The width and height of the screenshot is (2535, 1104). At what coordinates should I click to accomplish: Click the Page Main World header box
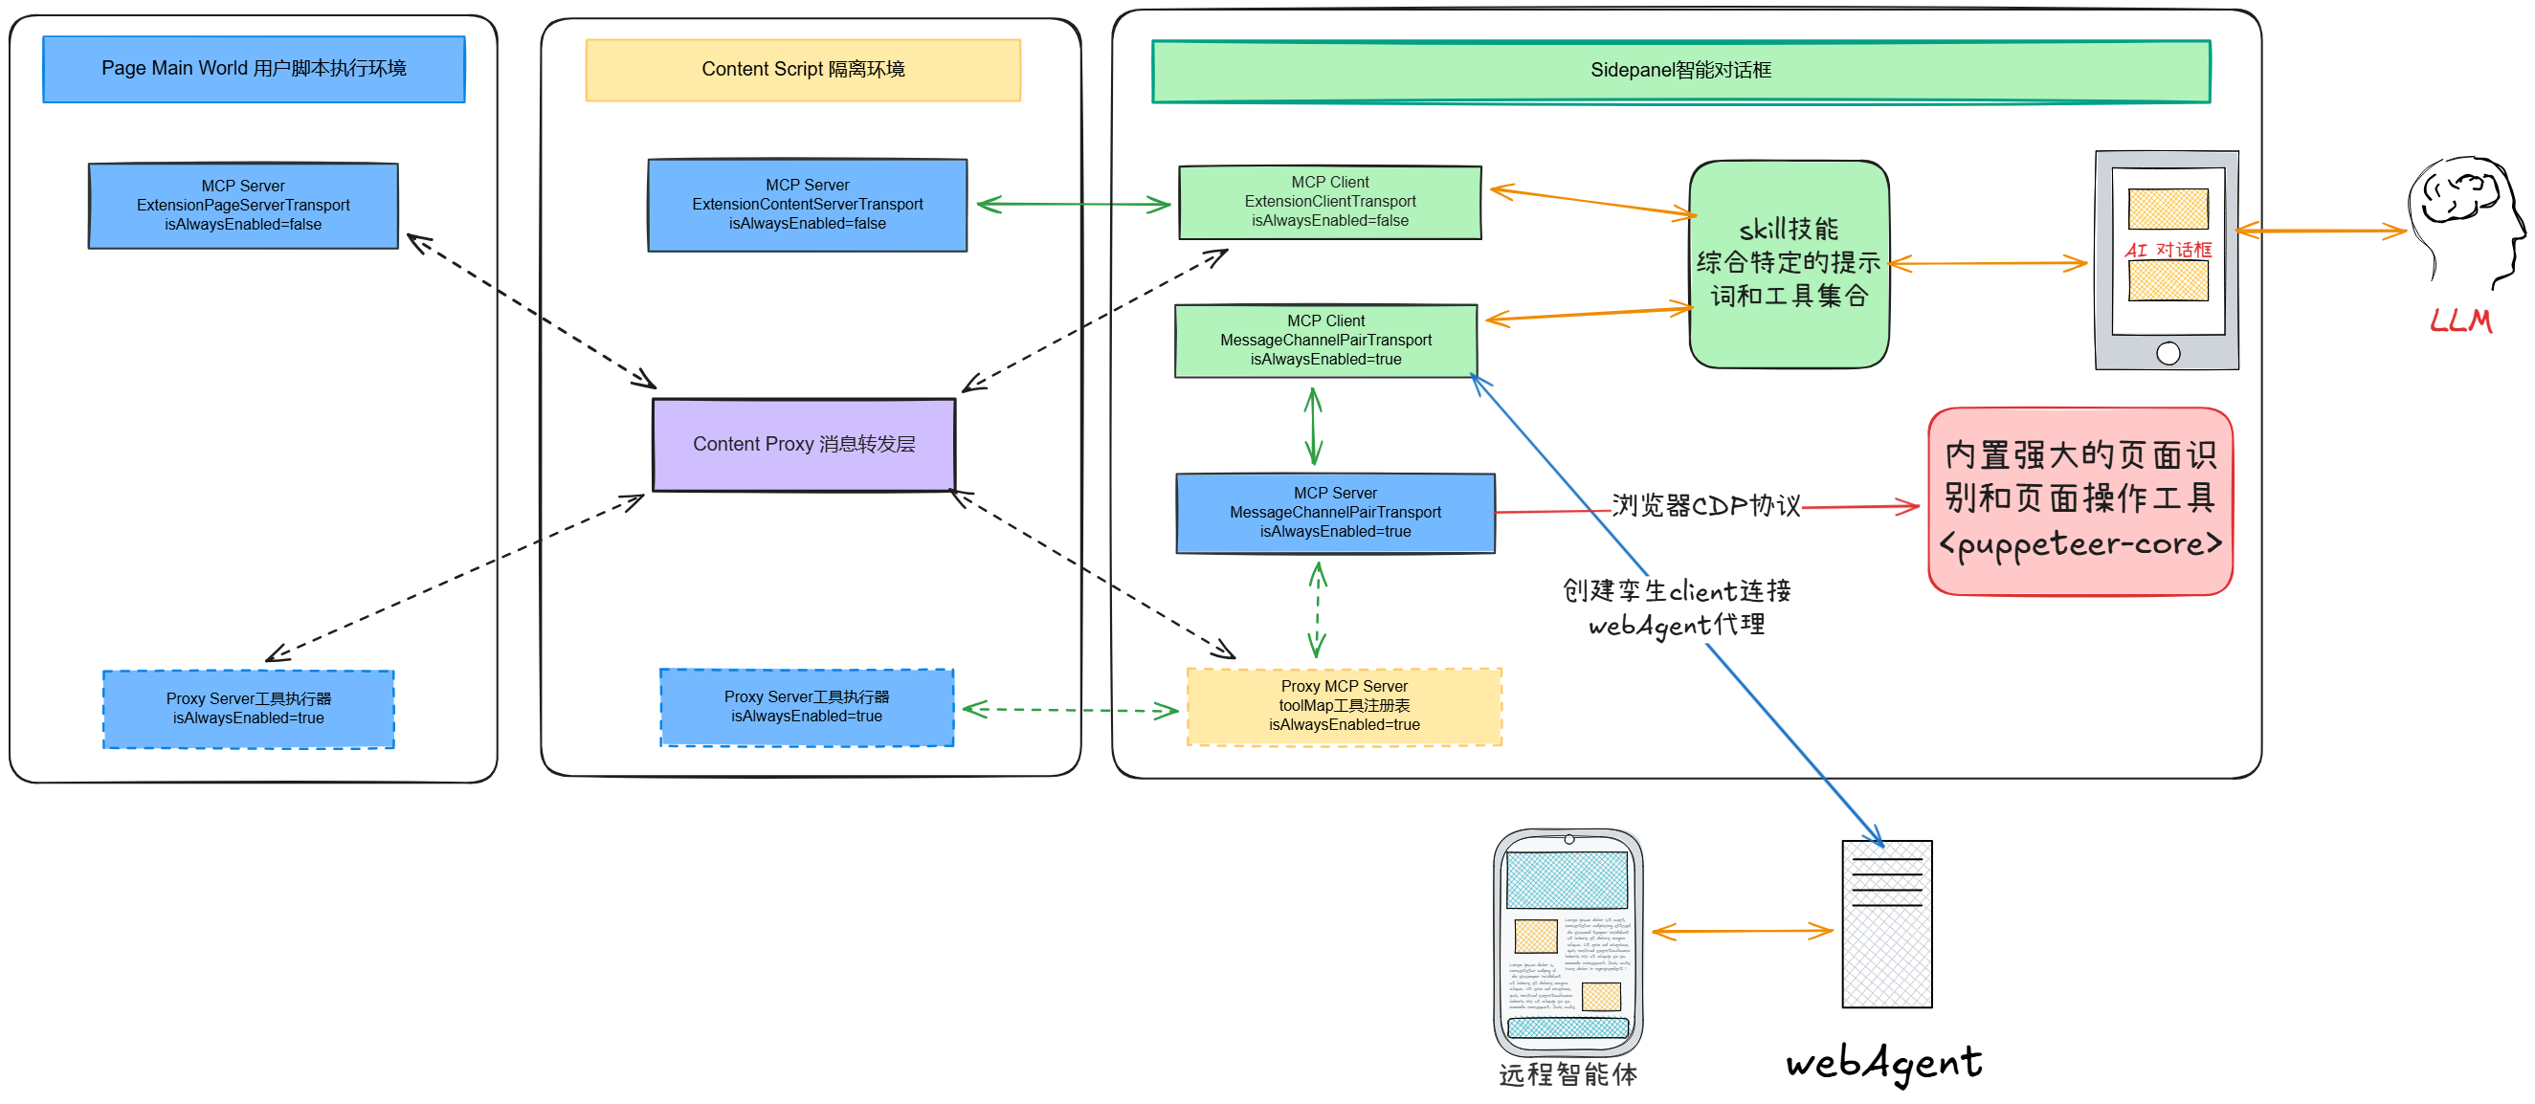point(254,69)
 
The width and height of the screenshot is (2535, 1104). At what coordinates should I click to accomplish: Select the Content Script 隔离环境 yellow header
point(803,70)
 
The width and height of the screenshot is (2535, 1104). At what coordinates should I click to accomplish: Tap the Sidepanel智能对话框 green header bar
point(1679,71)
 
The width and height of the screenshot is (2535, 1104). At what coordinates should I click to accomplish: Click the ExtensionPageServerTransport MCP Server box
point(243,206)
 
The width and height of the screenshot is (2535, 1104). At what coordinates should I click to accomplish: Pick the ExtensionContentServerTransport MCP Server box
point(807,205)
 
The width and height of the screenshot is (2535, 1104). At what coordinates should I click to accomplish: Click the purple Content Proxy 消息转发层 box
point(803,445)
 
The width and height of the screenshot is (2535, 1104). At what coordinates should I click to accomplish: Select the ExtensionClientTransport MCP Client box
point(1329,202)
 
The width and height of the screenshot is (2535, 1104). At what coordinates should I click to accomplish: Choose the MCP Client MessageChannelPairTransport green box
point(1325,341)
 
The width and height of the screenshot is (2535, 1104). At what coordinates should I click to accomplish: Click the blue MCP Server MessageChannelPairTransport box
point(1334,513)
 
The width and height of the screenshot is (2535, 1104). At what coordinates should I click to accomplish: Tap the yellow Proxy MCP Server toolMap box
point(1344,706)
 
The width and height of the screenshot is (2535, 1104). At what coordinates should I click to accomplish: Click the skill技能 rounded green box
point(1788,264)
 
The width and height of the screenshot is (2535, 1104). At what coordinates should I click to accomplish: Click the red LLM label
point(2460,320)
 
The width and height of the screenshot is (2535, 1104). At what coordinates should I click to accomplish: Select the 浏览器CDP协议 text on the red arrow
point(1705,506)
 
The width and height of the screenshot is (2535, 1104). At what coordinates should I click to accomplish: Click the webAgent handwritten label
point(1883,1063)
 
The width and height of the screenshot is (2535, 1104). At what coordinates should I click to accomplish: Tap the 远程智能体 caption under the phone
point(1568,1074)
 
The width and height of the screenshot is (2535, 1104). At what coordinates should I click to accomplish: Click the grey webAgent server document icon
point(1886,924)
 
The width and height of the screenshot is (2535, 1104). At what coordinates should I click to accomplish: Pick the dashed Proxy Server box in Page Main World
point(248,710)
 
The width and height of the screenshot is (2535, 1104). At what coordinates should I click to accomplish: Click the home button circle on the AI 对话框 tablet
point(2168,353)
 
